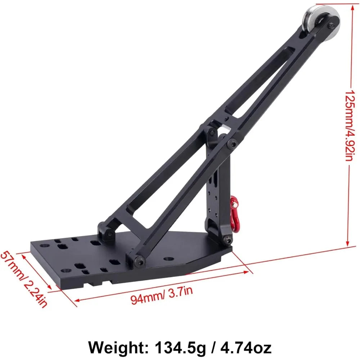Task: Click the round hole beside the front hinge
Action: tap(168, 259)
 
